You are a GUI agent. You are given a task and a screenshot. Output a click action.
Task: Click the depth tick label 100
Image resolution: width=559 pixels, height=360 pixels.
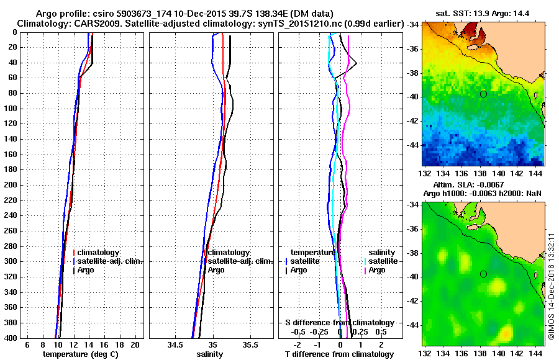click(x=11, y=109)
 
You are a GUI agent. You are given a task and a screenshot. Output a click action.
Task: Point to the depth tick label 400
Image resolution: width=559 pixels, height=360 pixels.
click(x=11, y=338)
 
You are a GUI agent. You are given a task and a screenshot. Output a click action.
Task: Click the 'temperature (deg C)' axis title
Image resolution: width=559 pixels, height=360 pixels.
click(x=80, y=354)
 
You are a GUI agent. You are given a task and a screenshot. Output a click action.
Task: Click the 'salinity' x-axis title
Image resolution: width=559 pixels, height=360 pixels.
click(x=210, y=354)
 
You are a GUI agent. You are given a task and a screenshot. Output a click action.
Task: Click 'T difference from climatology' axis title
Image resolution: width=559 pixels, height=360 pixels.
click(x=339, y=354)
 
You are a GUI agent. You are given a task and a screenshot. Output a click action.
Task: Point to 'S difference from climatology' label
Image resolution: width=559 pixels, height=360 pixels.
click(x=339, y=323)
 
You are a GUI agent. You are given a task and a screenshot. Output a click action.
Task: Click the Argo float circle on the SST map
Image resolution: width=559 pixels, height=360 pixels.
click(x=483, y=94)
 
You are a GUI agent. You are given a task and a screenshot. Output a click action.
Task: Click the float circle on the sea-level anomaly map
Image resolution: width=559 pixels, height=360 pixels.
click(x=483, y=274)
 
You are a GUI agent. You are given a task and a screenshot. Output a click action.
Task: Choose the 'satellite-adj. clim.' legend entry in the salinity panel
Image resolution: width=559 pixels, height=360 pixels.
click(x=236, y=261)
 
